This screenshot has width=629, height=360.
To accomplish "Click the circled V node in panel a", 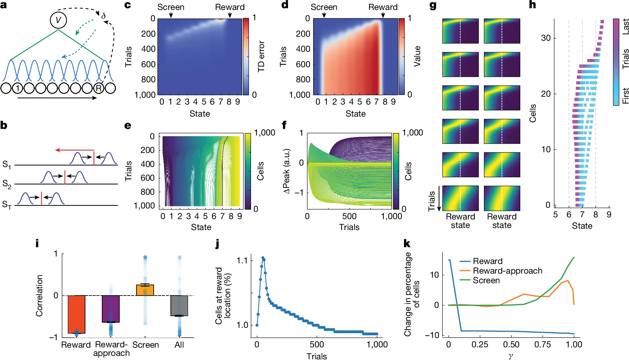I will coord(58,20).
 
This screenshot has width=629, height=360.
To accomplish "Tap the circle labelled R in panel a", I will coord(99,88).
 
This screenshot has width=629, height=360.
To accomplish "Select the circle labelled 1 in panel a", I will coord(17,88).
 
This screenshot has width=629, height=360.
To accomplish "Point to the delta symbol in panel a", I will coord(103,16).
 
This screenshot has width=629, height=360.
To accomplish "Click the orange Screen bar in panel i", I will coord(145,290).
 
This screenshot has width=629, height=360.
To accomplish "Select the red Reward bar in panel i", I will coord(76,314).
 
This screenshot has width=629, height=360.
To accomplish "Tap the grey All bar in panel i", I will coord(179,305).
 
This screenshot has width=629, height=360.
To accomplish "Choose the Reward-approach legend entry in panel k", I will coord(507,271).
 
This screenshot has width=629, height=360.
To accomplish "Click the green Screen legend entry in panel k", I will coord(486,280).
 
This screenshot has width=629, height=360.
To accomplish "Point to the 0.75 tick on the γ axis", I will coord(543,344).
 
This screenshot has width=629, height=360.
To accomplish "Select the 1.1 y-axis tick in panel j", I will coord(242,261).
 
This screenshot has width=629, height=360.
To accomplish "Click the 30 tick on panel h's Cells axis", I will coord(546,38).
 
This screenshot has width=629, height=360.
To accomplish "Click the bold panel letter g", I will coord(433,6).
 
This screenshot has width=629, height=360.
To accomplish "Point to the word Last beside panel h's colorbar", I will coord(625,26).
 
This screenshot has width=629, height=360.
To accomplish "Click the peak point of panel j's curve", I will coord(263,258).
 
